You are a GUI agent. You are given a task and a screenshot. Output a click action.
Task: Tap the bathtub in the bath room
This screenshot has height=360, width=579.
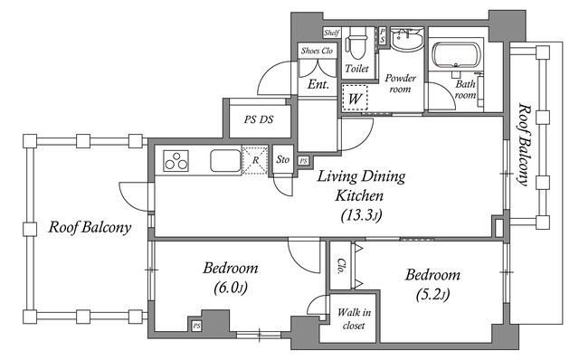456,55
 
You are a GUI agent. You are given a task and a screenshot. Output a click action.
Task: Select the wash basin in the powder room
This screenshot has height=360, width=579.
407,38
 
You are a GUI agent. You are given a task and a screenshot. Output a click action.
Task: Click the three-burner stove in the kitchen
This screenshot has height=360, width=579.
176,161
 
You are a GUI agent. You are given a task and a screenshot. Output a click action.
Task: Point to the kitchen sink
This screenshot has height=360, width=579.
225,160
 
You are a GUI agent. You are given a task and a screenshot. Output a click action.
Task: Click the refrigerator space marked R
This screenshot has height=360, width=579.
255,160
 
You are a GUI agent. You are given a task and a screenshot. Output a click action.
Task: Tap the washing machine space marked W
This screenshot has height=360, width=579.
355,98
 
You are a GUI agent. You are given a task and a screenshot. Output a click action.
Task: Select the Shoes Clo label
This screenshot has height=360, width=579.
317,51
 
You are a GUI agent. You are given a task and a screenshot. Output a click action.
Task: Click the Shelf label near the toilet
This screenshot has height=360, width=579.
332,33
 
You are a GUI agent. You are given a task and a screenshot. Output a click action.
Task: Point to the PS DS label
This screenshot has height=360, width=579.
259,119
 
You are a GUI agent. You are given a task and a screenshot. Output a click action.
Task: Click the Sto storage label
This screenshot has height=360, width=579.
283,159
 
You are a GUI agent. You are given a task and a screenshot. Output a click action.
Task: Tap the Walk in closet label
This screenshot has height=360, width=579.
354,318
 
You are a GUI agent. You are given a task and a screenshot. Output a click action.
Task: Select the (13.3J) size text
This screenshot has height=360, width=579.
361,215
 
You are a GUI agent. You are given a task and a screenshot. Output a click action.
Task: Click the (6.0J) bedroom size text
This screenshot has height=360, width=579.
231,288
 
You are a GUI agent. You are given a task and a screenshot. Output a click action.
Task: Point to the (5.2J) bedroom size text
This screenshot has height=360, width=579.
432,294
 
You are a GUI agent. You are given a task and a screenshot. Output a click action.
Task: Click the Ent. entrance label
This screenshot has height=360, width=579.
318,84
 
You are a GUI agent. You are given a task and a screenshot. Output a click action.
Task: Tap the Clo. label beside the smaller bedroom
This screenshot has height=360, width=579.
341,266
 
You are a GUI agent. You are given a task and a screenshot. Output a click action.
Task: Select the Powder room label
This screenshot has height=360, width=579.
400,83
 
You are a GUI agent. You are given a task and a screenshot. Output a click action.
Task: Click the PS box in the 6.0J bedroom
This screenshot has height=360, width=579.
197,326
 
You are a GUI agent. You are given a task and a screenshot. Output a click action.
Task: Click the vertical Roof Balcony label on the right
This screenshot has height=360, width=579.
524,144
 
